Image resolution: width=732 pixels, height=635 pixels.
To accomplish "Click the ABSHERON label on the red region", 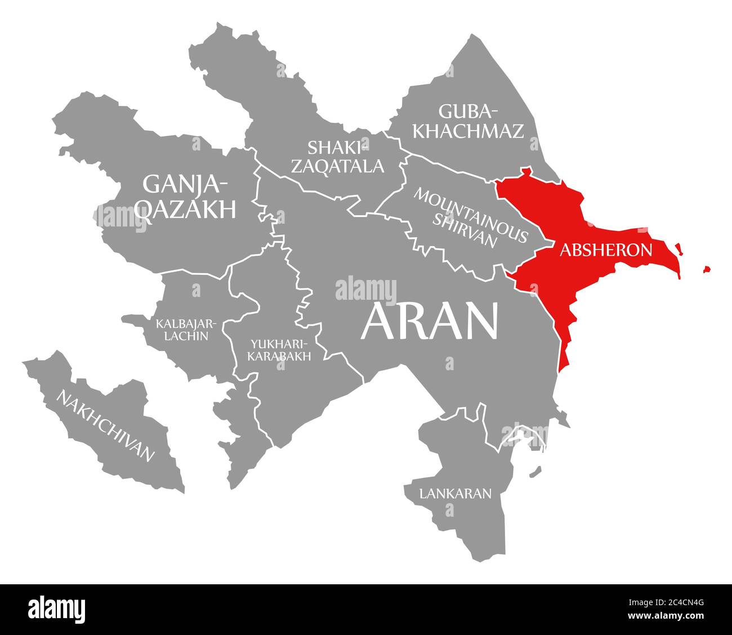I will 606,250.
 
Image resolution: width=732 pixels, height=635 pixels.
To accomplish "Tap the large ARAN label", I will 430,322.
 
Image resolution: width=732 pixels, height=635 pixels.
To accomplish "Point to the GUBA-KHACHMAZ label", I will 468,121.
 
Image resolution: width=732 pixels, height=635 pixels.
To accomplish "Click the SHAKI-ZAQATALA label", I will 345,157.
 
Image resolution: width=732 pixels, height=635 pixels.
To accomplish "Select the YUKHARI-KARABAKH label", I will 280,349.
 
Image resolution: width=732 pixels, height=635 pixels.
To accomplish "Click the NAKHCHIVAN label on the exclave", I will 105,425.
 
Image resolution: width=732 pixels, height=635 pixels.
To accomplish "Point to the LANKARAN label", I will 455,494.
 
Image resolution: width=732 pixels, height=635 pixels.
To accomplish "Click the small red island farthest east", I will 706,270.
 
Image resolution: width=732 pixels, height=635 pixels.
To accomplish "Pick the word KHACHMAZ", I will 468,131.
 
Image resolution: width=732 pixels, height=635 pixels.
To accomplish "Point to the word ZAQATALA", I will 345,166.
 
